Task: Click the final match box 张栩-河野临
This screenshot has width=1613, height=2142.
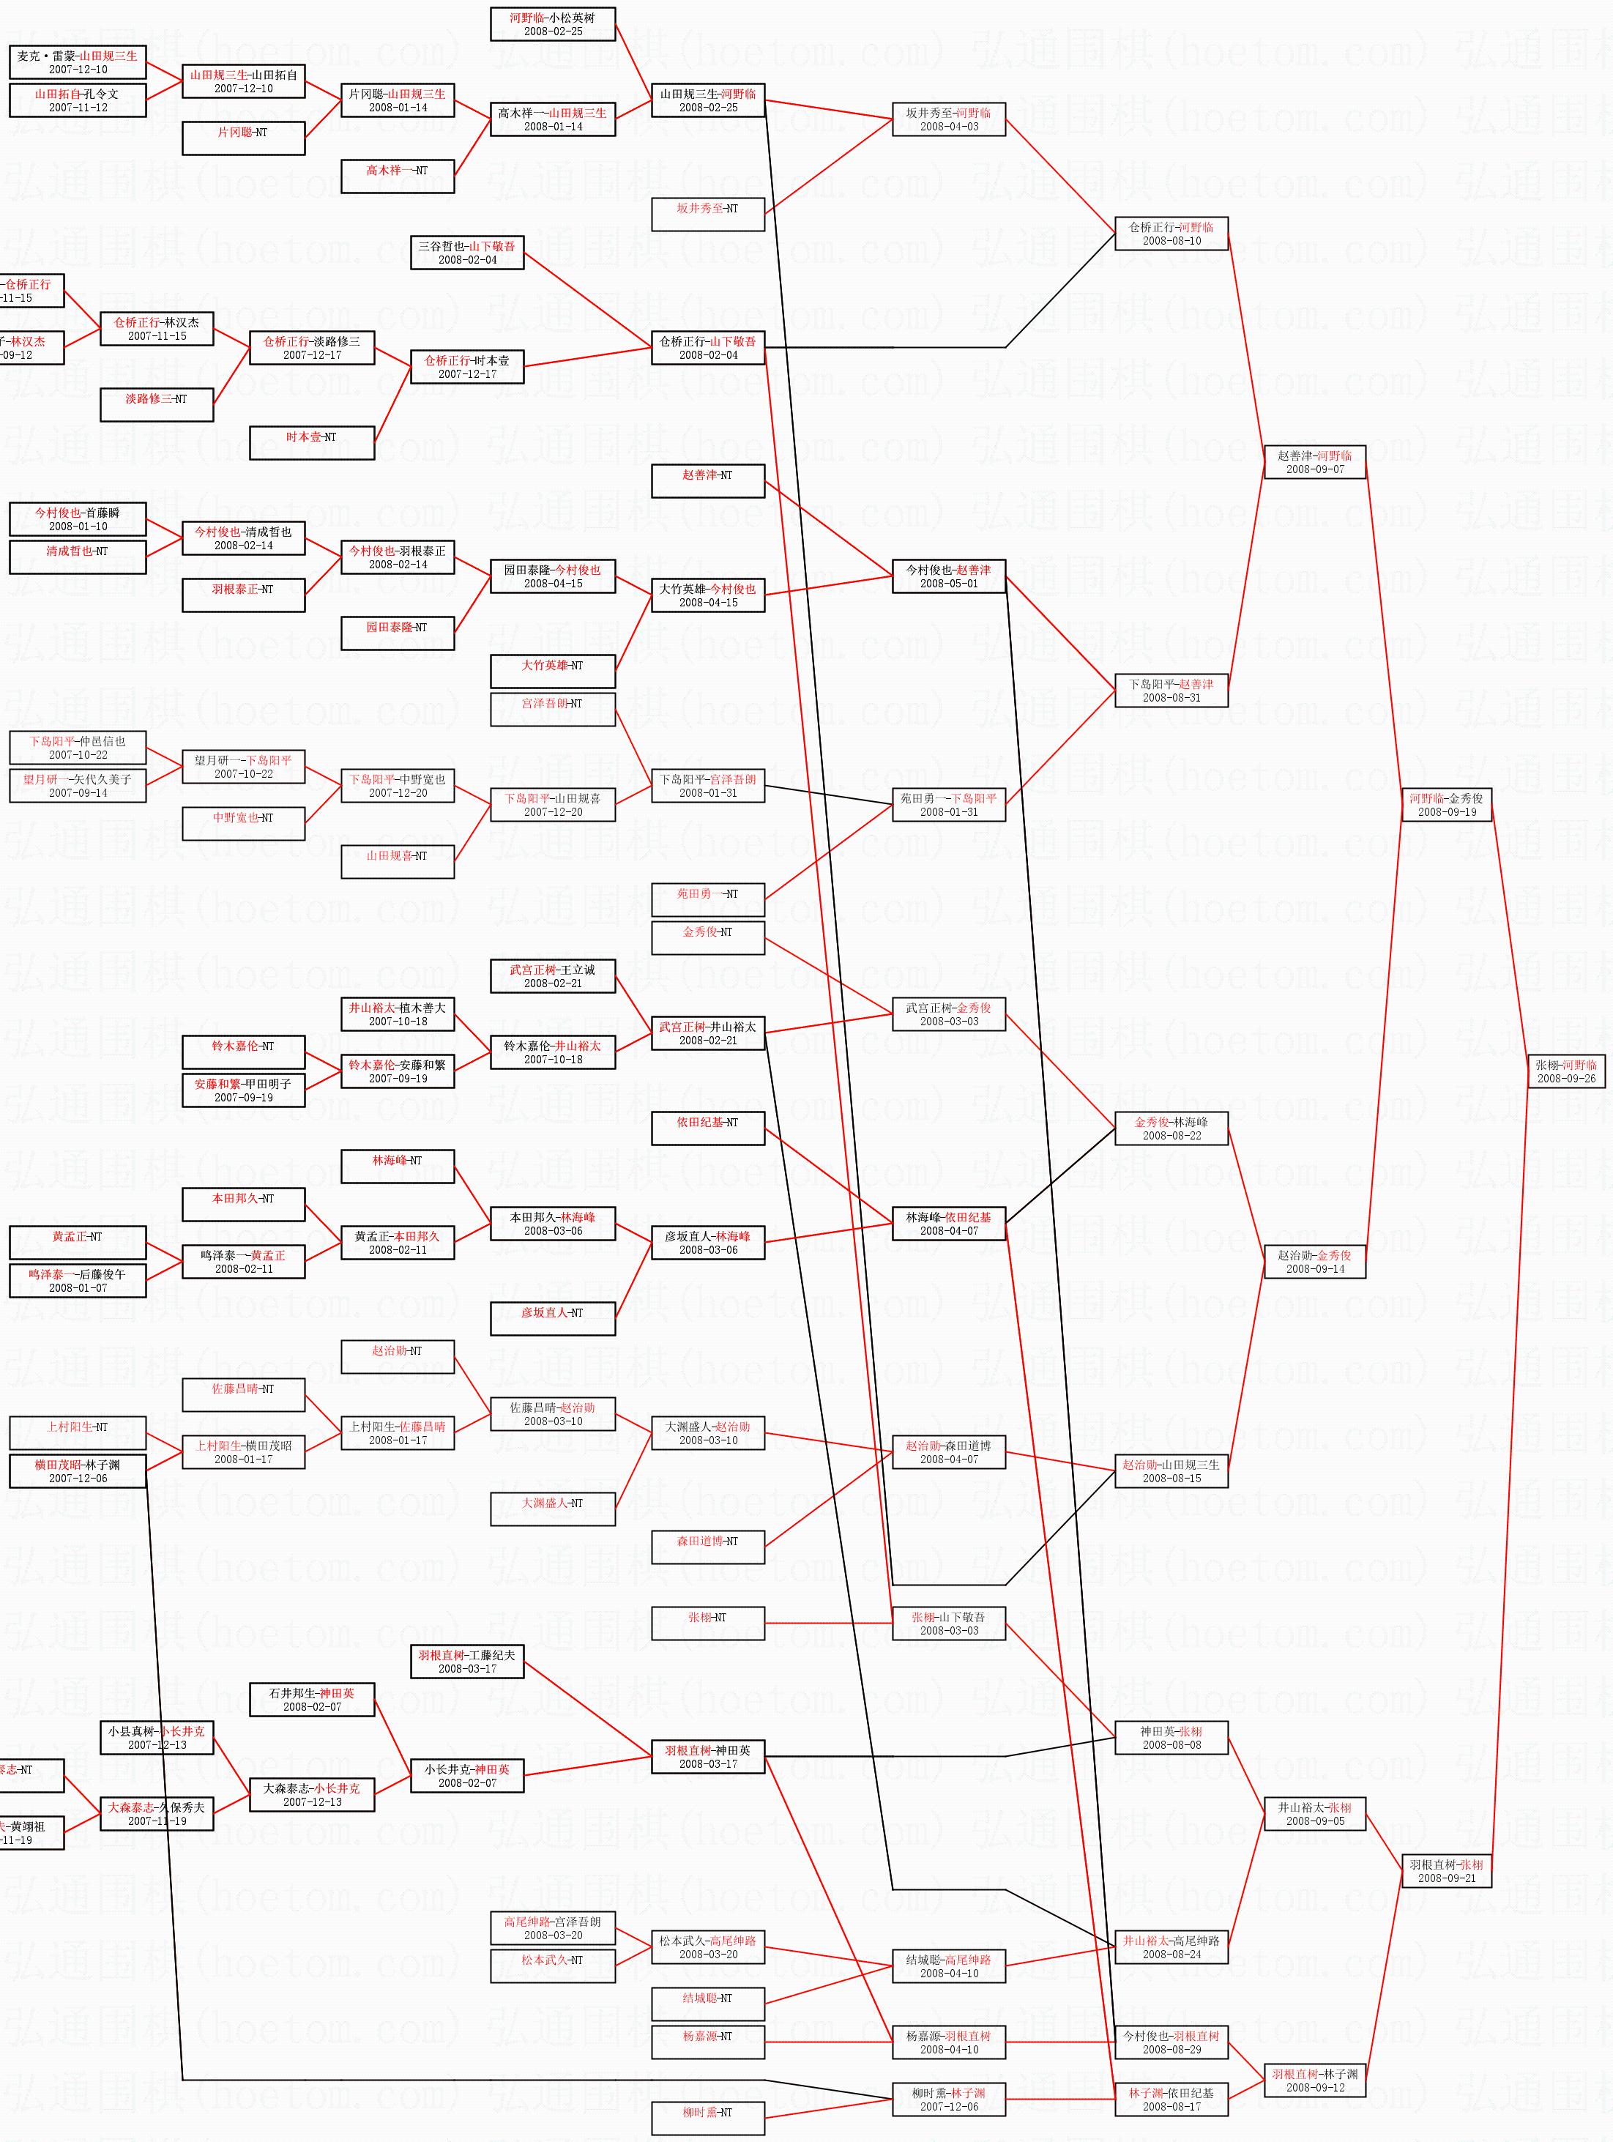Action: (x=1565, y=1071)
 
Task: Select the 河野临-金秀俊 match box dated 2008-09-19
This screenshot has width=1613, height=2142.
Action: (x=1447, y=805)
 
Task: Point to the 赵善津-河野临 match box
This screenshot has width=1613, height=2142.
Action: (x=1315, y=462)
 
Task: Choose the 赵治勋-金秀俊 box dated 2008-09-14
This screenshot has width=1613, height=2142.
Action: (x=1315, y=1262)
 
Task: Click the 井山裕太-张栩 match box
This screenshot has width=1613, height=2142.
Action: (x=1315, y=1814)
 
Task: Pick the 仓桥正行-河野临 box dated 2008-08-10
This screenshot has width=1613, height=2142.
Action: (x=1171, y=234)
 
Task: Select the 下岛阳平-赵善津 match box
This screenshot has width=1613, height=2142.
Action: (x=1171, y=691)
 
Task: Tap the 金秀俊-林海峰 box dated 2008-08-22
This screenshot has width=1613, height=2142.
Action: (x=1171, y=1128)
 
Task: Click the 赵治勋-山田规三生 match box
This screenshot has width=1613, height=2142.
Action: (x=1171, y=1471)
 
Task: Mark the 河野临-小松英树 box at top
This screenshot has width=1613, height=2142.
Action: (x=553, y=24)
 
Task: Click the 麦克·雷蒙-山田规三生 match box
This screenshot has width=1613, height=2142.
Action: (x=78, y=62)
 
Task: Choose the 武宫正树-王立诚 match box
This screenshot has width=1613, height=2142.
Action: (x=553, y=976)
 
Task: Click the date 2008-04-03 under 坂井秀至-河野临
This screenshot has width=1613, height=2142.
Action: (x=949, y=127)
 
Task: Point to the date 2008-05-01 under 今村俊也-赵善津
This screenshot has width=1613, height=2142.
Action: (x=949, y=584)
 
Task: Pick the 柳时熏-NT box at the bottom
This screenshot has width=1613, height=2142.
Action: (x=708, y=2113)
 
